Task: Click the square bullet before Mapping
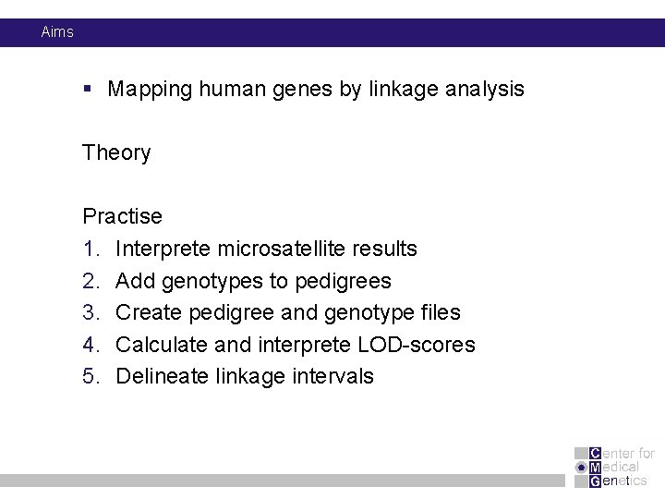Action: click(x=87, y=90)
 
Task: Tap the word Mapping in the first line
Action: click(x=150, y=90)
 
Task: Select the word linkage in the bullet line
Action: click(x=397, y=90)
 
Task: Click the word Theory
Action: click(x=116, y=152)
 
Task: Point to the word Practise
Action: click(x=122, y=217)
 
